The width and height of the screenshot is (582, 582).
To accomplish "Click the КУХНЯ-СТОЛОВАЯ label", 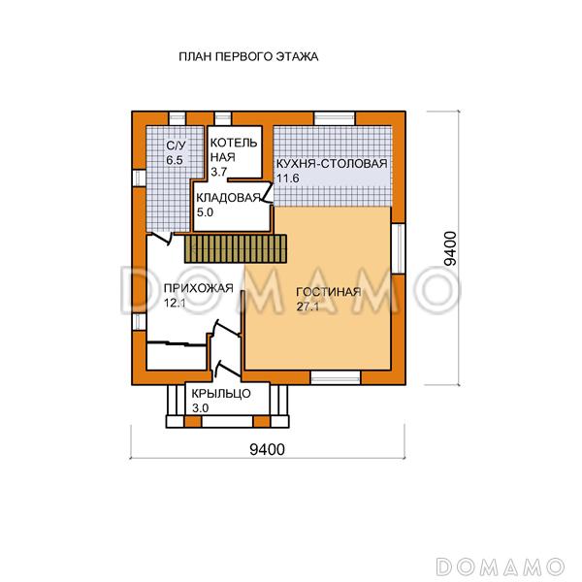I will [332, 164].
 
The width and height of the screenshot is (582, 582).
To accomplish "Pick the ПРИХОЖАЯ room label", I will [199, 288].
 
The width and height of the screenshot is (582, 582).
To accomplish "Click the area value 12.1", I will [176, 304].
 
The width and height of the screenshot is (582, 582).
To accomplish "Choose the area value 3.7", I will [218, 172].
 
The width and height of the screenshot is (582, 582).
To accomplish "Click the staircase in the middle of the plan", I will [236, 247].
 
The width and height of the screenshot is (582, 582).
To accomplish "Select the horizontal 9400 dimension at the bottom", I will [266, 448].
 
